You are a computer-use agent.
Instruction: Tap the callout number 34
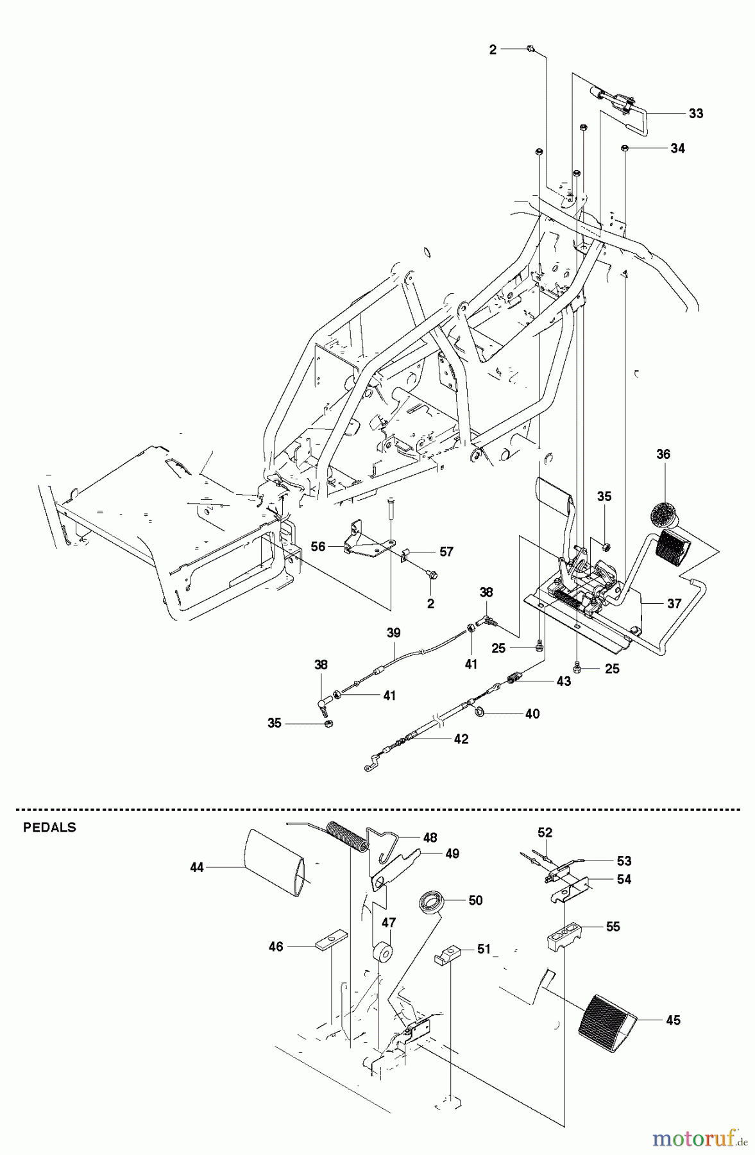pyautogui.click(x=677, y=148)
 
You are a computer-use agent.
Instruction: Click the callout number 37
pyautogui.click(x=674, y=604)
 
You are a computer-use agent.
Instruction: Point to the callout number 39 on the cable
pyautogui.click(x=393, y=633)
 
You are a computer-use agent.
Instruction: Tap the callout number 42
pyautogui.click(x=461, y=739)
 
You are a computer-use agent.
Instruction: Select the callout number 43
pyautogui.click(x=563, y=681)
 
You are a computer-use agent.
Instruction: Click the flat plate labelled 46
pyautogui.click(x=332, y=945)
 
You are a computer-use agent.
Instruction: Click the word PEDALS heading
pyautogui.click(x=49, y=828)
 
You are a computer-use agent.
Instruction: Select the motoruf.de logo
pyautogui.click(x=700, y=1139)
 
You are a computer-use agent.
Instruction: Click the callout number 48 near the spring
pyautogui.click(x=430, y=837)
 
